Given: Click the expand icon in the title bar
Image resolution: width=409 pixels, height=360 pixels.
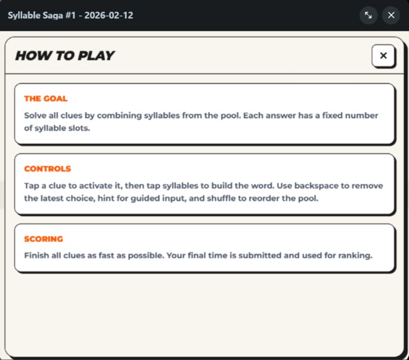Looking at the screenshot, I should pyautogui.click(x=369, y=15).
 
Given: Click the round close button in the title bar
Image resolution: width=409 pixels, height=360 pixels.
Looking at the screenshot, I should pyautogui.click(x=391, y=15).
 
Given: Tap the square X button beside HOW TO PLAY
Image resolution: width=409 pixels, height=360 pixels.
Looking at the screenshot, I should pyautogui.click(x=383, y=55).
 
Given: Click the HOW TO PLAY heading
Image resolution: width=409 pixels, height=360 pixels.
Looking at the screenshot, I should pyautogui.click(x=65, y=55).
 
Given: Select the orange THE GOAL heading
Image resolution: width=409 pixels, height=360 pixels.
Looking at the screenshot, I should pyautogui.click(x=46, y=99).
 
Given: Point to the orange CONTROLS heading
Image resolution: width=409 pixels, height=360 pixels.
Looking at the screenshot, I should pyautogui.click(x=48, y=169).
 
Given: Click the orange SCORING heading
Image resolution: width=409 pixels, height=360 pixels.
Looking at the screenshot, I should pyautogui.click(x=44, y=239).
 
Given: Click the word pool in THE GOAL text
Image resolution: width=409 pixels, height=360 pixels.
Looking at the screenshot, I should pyautogui.click(x=251, y=116).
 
